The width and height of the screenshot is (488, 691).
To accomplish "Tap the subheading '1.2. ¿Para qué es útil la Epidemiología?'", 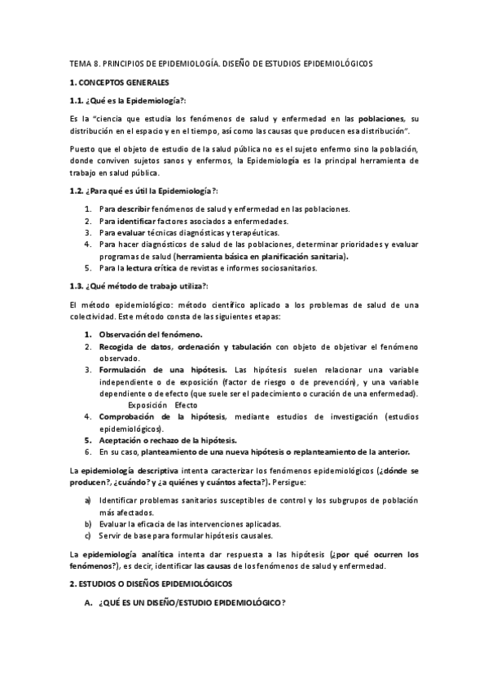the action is pos(143,191).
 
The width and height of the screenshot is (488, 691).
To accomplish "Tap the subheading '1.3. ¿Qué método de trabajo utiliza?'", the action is pos(138,285).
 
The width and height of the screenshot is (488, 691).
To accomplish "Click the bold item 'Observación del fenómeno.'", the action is pos(151,334).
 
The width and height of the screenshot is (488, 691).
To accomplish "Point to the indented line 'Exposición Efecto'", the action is pos(163,405).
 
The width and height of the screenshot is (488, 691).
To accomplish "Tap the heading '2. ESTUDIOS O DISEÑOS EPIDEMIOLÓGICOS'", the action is pos(151,584).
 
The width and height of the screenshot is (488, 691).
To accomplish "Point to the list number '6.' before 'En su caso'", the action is pos(88,451).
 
